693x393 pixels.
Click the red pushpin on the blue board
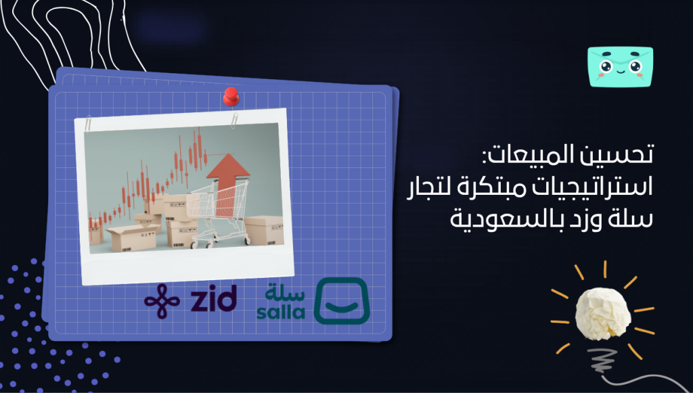[x=231, y=97]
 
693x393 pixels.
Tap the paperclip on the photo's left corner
[x=88, y=126]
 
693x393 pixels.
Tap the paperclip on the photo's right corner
[x=233, y=120]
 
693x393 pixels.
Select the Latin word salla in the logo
[x=280, y=313]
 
